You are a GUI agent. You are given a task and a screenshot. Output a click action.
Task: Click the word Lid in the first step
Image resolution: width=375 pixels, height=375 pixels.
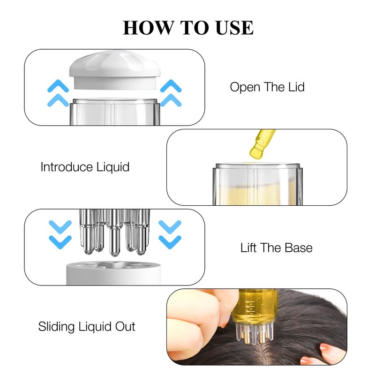tap(296, 87)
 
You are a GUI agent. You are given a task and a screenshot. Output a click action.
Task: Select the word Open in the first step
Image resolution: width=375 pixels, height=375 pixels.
tap(245, 88)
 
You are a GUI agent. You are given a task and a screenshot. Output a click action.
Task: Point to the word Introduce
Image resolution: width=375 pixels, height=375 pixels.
tap(67, 167)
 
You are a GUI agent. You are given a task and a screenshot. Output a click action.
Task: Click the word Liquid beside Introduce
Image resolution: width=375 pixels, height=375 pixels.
tap(113, 167)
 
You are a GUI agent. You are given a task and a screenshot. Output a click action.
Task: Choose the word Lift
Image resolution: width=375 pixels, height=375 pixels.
tap(249, 247)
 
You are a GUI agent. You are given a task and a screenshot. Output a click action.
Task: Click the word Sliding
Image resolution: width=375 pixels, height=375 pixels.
tap(56, 327)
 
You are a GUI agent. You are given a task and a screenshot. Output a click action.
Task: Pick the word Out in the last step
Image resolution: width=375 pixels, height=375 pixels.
tap(125, 326)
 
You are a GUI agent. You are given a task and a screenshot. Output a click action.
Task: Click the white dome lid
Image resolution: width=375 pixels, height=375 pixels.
tap(115, 69)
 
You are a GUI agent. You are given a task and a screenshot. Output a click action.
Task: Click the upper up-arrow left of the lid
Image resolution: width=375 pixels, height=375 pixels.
tap(58, 86)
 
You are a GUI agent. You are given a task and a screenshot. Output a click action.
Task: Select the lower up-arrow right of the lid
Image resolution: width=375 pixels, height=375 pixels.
tap(171, 100)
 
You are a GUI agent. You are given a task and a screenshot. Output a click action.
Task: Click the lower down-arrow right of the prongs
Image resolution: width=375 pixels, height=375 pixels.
tap(170, 242)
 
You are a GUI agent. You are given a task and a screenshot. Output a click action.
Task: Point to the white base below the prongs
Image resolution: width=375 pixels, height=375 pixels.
tap(113, 273)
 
